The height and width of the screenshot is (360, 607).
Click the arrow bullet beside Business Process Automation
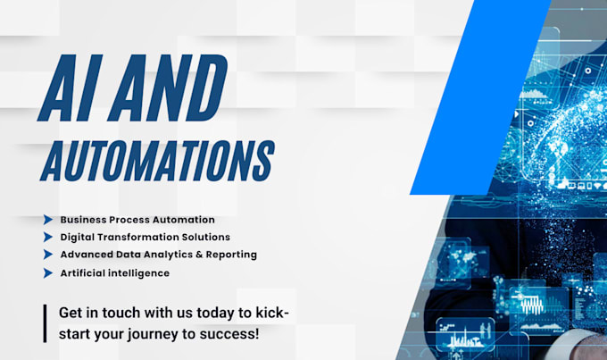47,219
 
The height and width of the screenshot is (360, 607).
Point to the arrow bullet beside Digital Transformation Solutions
47,237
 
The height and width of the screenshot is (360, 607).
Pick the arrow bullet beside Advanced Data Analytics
47,255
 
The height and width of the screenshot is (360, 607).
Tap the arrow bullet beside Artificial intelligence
47,272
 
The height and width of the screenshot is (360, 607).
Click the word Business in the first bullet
85,219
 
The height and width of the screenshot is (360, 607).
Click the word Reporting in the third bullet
230,255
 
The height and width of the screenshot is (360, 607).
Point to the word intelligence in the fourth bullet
139,272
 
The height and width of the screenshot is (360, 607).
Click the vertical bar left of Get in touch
44,323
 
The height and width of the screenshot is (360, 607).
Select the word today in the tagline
204,314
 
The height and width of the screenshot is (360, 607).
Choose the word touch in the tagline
123,314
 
